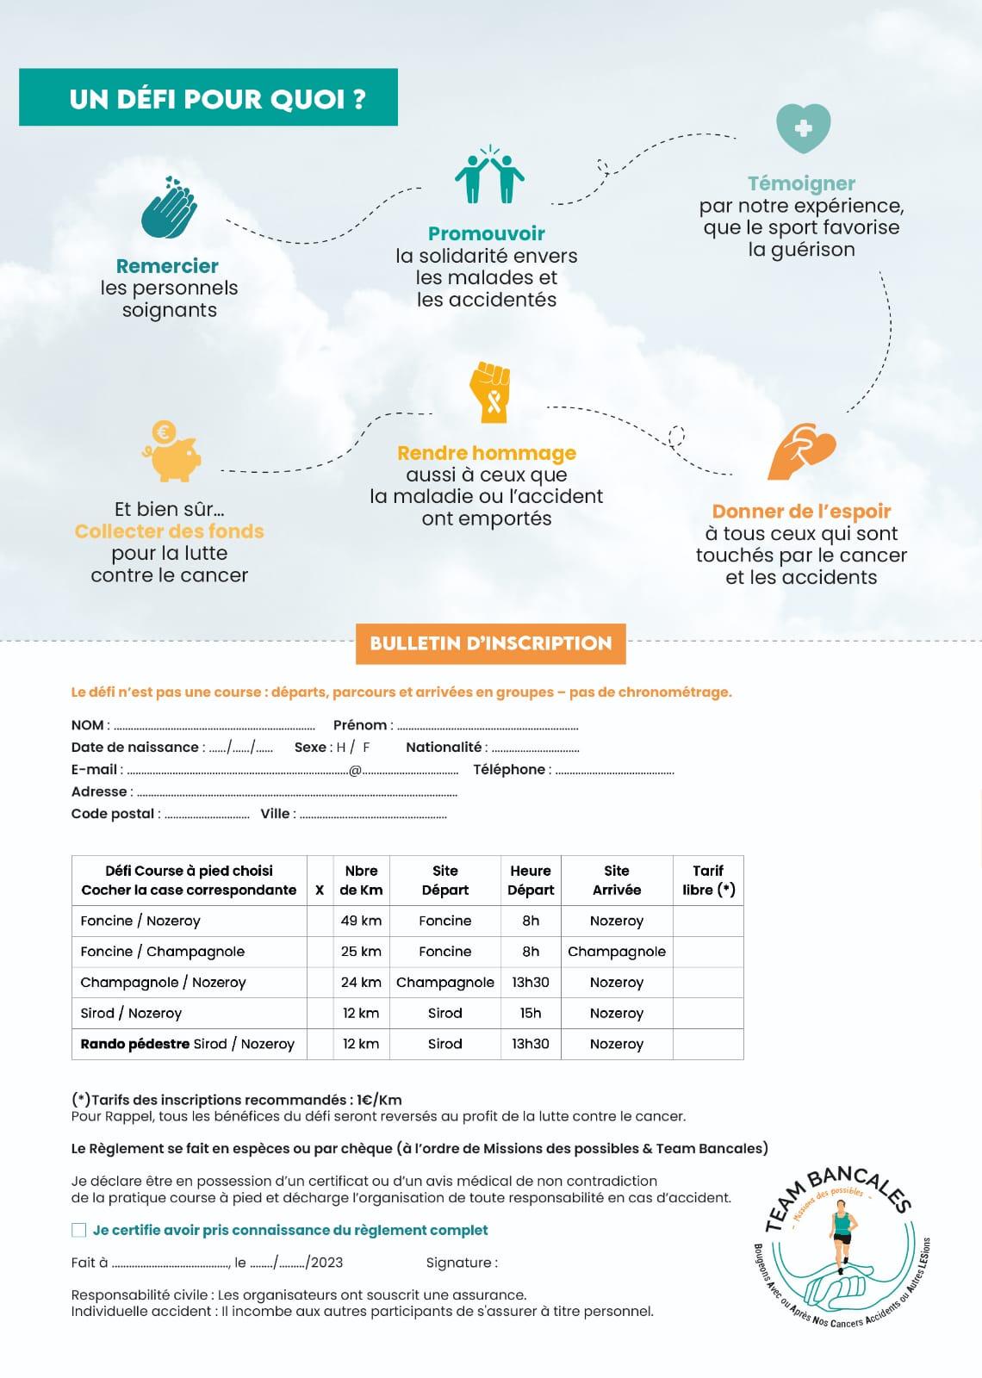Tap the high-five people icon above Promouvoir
point(488,175)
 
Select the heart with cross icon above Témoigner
point(803,128)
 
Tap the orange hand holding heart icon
point(801,451)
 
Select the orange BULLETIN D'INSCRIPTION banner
point(490,643)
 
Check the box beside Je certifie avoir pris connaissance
point(79,1230)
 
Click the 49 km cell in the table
point(361,921)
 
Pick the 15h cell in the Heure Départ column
point(531,1013)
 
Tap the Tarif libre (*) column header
point(708,880)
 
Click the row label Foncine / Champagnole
point(163,952)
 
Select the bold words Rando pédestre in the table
point(135,1044)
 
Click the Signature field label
point(462,1263)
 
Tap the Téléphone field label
point(509,769)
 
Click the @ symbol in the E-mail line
point(355,770)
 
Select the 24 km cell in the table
point(361,982)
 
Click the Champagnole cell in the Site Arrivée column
point(617,952)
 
